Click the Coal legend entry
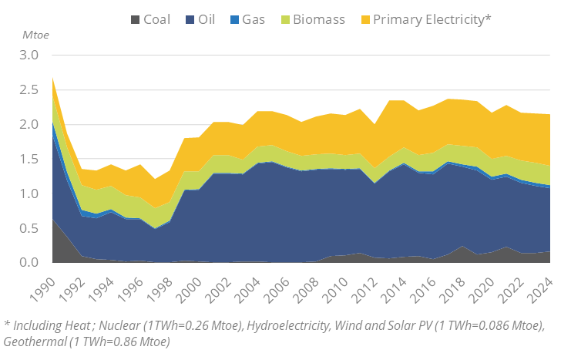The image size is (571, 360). pyautogui.click(x=156, y=19)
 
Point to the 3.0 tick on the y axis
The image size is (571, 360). pyautogui.click(x=29, y=56)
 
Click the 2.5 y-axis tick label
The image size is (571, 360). pyautogui.click(x=29, y=90)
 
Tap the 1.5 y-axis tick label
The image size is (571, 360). pyautogui.click(x=29, y=160)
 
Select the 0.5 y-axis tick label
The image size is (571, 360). pyautogui.click(x=29, y=228)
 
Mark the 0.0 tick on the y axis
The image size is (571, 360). pyautogui.click(x=29, y=263)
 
